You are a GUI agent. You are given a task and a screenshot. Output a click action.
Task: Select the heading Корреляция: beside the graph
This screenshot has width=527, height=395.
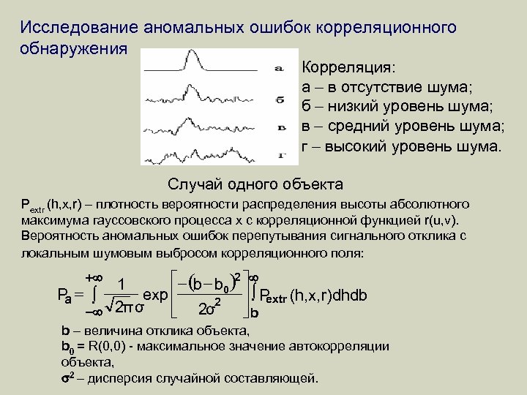click(348, 68)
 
